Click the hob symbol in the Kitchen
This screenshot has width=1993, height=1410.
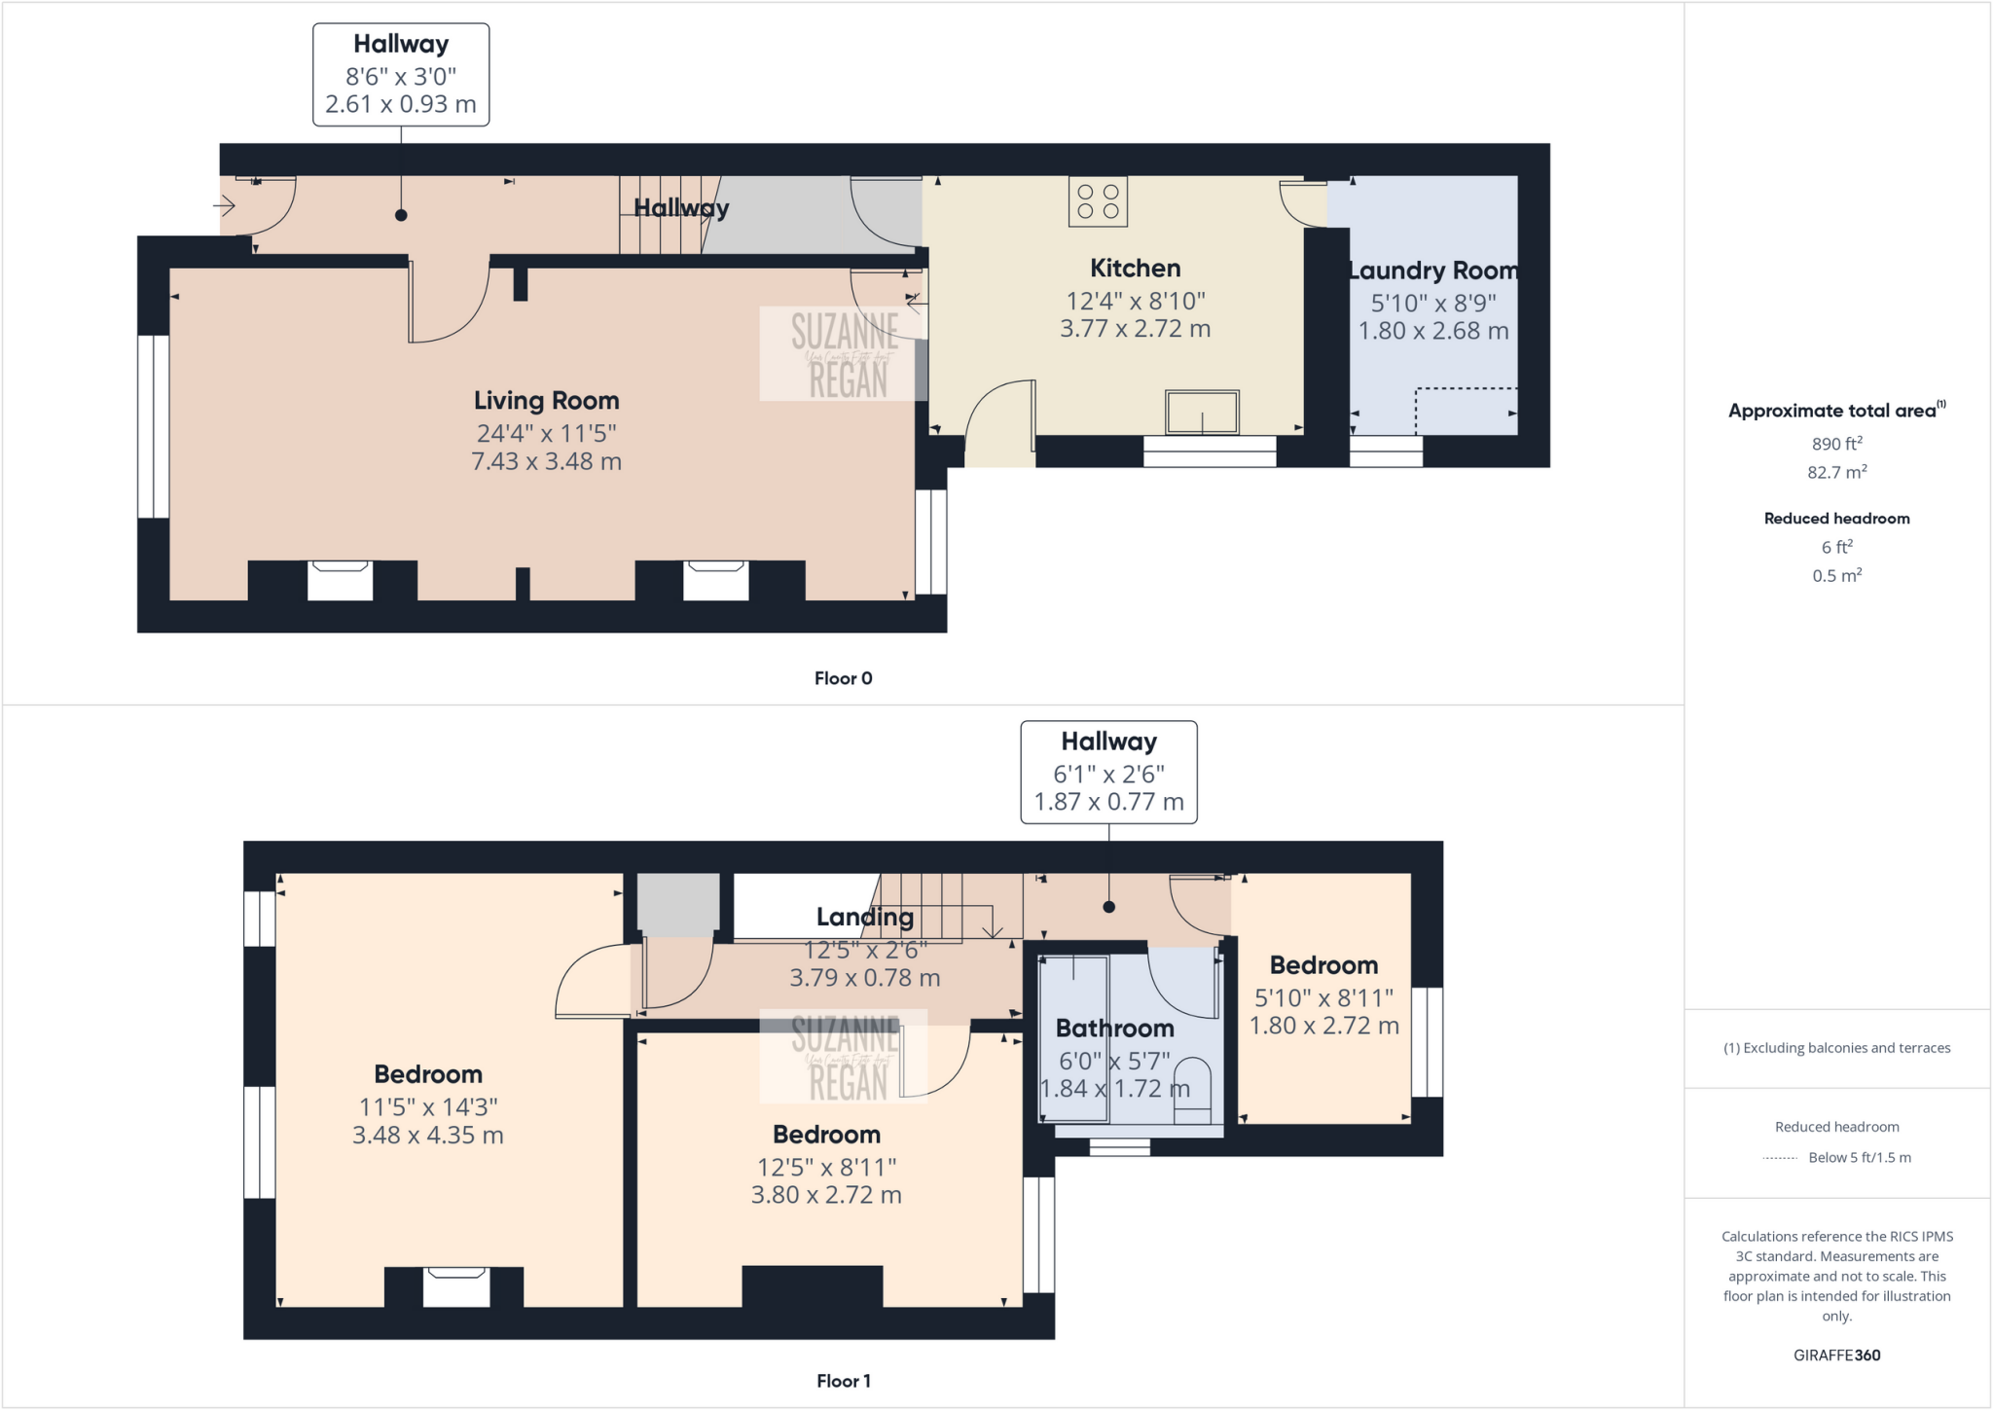(x=1098, y=201)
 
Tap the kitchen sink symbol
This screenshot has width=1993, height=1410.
(x=1202, y=412)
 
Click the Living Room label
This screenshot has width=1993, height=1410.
(x=546, y=400)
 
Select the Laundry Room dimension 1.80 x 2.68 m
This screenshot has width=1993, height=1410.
(x=1432, y=331)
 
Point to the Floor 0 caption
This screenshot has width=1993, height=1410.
(x=843, y=678)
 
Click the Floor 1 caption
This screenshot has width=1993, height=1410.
(x=843, y=1381)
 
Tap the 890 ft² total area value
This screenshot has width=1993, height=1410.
(x=1836, y=444)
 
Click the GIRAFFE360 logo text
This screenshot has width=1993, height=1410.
(x=1836, y=1355)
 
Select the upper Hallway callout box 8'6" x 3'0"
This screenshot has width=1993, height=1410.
(x=401, y=75)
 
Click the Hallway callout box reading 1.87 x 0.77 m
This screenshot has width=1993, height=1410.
(x=1108, y=773)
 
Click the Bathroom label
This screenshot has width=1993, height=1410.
(x=1114, y=1029)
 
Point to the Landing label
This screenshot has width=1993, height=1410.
(x=864, y=917)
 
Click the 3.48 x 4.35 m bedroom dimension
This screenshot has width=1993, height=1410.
(x=427, y=1135)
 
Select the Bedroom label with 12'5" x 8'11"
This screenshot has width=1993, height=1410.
(x=826, y=1135)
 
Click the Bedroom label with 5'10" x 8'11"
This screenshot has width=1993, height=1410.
(x=1323, y=965)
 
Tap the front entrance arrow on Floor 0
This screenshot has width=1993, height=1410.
(x=224, y=205)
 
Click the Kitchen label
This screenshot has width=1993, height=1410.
(x=1135, y=269)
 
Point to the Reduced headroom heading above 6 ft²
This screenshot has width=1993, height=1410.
(x=1836, y=519)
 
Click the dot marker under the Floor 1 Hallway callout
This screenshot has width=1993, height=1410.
(x=1108, y=907)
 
